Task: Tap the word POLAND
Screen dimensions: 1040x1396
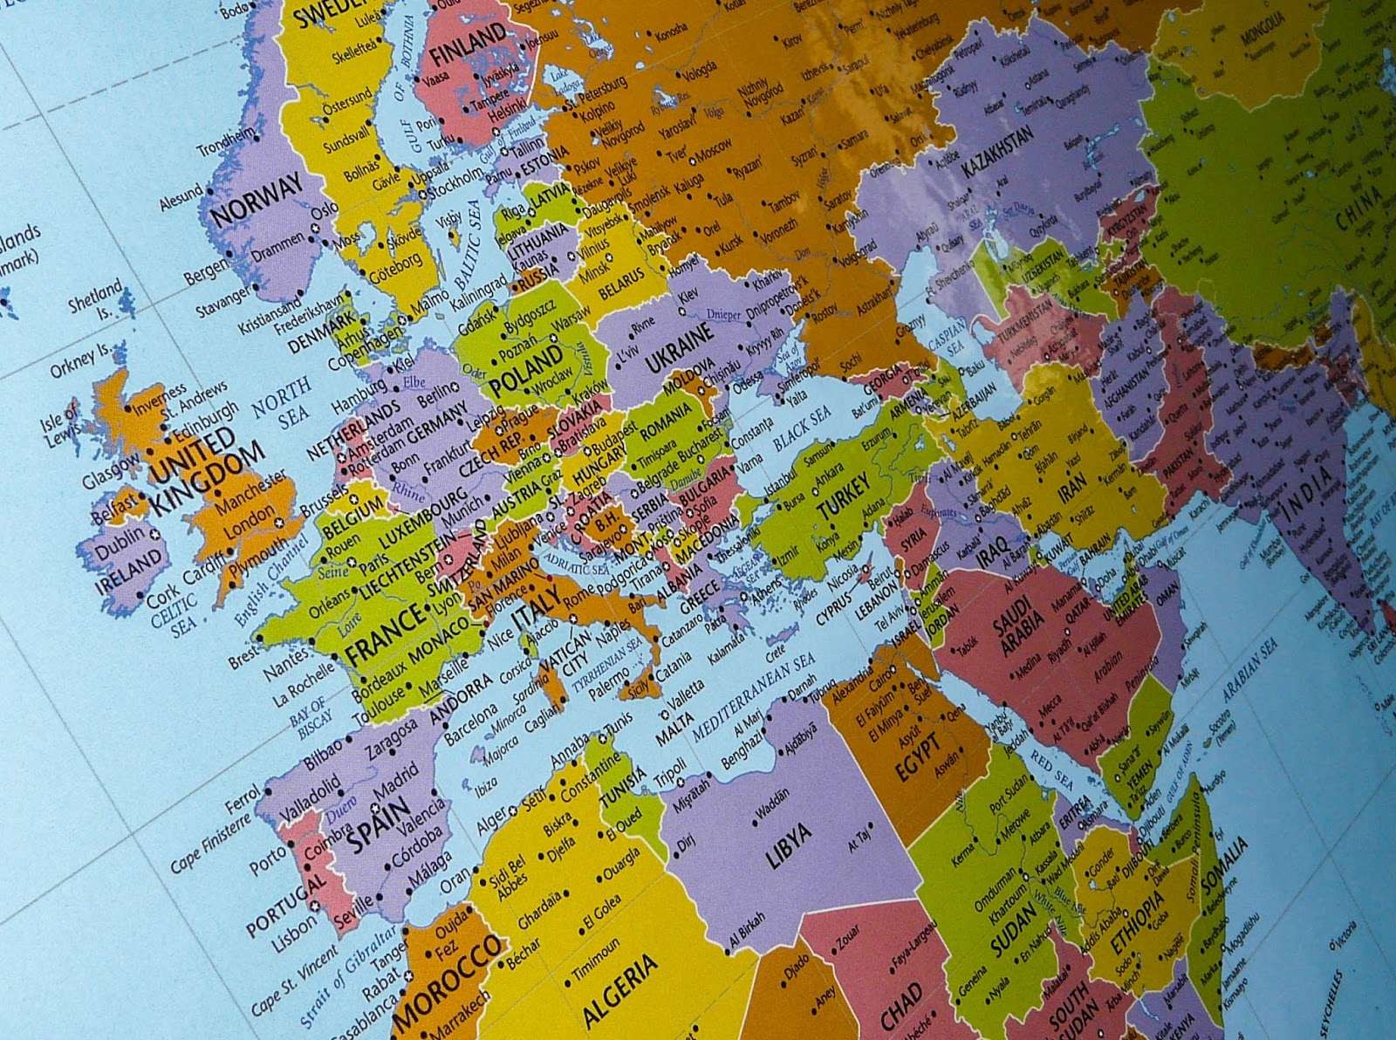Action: (525, 370)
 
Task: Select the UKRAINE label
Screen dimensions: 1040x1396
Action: (681, 352)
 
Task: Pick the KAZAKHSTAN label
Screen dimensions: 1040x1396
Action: (997, 151)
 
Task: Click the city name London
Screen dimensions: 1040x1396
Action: (248, 522)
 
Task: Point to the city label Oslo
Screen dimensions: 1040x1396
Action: (324, 211)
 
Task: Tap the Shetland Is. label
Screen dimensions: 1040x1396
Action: (97, 298)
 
